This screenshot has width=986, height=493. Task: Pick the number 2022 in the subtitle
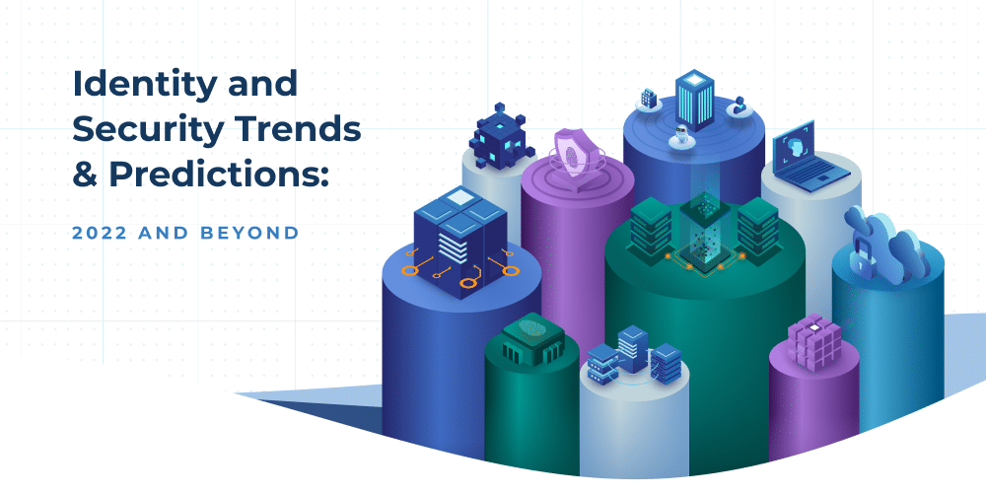pyautogui.click(x=100, y=233)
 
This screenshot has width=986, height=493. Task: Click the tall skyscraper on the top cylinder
pyautogui.click(x=695, y=99)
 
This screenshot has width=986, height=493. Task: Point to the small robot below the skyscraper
pyautogui.click(x=677, y=138)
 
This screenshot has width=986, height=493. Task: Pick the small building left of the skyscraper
pyautogui.click(x=648, y=99)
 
